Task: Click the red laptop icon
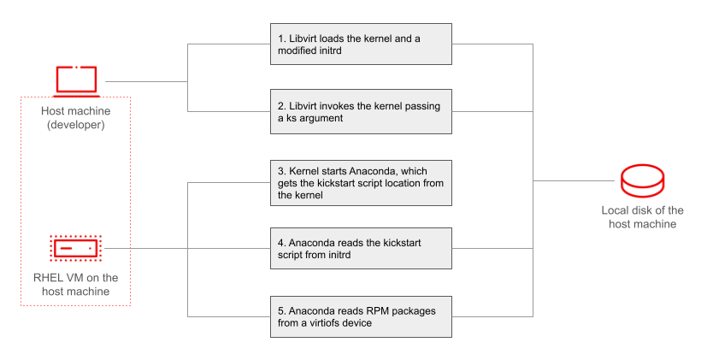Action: pos(76,80)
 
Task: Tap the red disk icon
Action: pos(642,181)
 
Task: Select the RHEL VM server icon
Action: pos(76,249)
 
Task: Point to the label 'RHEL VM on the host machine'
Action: pos(74,285)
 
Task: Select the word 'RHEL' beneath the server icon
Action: pos(44,278)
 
